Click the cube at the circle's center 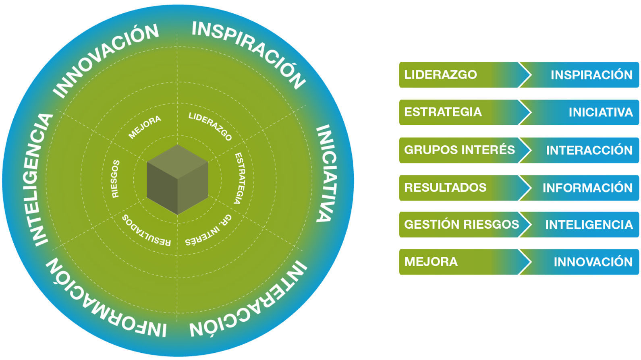point(177,180)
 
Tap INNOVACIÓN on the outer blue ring point(106,60)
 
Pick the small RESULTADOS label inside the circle point(146,231)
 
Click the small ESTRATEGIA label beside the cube point(240,178)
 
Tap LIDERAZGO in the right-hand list point(440,75)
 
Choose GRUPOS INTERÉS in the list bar point(459,150)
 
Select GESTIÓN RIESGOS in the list point(461,224)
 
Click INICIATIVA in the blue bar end point(600,112)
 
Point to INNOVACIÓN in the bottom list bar point(593,262)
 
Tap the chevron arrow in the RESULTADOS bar point(525,188)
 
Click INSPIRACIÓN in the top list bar point(591,75)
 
